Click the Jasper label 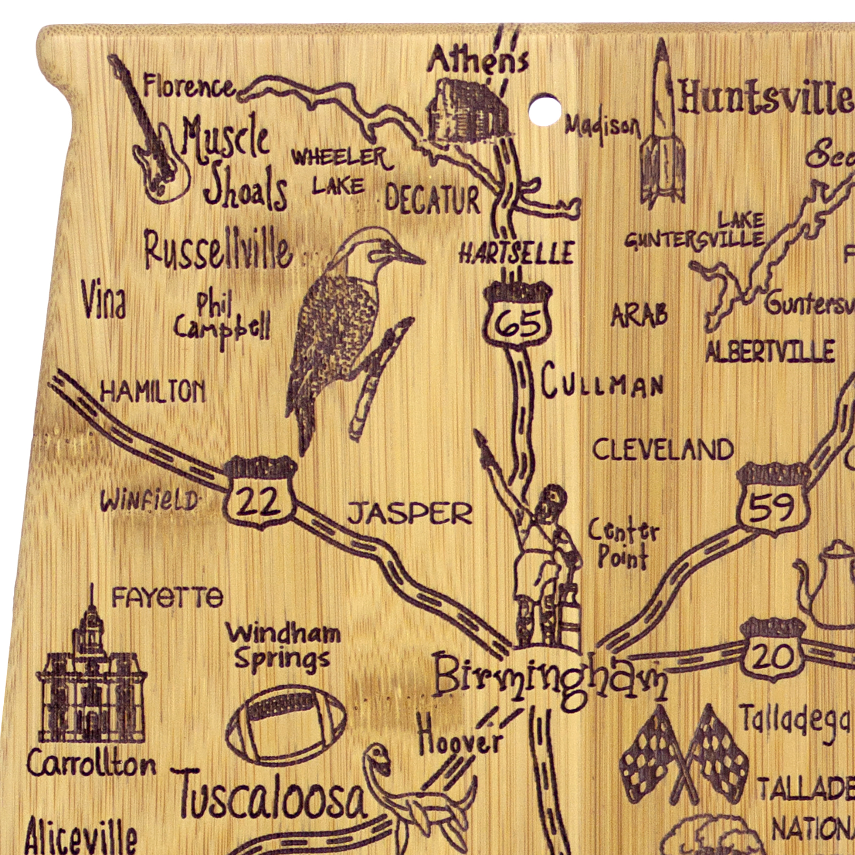coord(410,514)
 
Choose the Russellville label coord(218,249)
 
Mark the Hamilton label coord(153,392)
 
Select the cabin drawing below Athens coord(468,112)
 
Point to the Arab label coord(639,315)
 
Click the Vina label coord(104,300)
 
